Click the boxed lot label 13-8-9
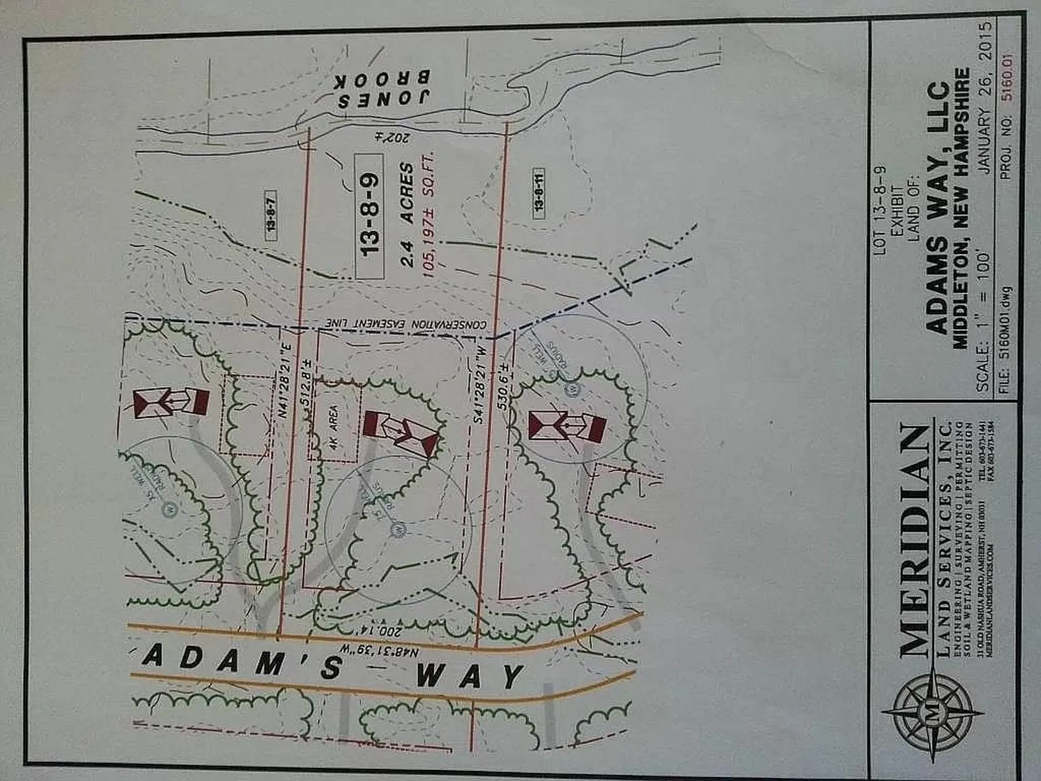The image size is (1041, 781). [370, 216]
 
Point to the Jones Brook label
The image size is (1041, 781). [383, 89]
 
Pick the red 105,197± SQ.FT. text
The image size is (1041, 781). [428, 214]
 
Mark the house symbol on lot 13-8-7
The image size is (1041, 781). [171, 402]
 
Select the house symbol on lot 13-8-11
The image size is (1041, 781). [567, 426]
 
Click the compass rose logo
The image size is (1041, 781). [933, 716]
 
